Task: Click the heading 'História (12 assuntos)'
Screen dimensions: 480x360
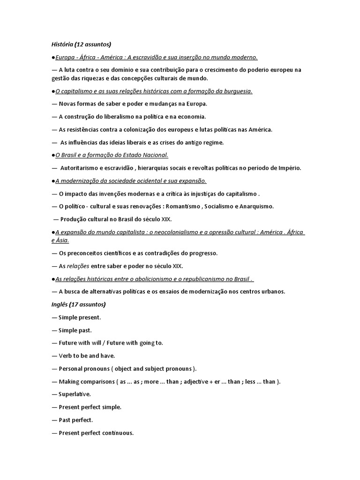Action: click(x=81, y=45)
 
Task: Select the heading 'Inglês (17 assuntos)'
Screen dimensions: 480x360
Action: click(x=78, y=304)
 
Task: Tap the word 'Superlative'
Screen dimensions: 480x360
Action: click(x=75, y=394)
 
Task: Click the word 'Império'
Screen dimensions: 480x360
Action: click(x=288, y=168)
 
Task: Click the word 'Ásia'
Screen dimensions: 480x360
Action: click(x=62, y=240)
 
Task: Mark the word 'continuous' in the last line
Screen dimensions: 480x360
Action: click(x=118, y=433)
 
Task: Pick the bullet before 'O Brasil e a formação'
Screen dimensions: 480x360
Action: click(x=53, y=155)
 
